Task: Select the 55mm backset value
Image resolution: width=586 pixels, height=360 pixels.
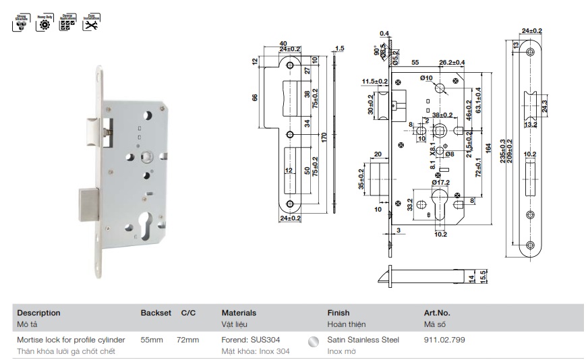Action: tap(151, 340)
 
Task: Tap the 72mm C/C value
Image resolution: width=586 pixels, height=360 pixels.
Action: tap(187, 340)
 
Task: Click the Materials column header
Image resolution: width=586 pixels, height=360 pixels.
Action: tap(239, 313)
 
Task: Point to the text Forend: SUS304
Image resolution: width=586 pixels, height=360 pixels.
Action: tap(250, 340)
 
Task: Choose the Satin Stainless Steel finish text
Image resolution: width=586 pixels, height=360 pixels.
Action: tap(363, 340)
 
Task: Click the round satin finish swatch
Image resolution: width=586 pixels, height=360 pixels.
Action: tap(312, 342)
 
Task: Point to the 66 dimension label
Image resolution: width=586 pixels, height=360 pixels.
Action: tap(255, 97)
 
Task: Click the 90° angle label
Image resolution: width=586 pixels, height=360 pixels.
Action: tap(376, 51)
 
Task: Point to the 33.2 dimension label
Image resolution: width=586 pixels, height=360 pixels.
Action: tap(409, 205)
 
